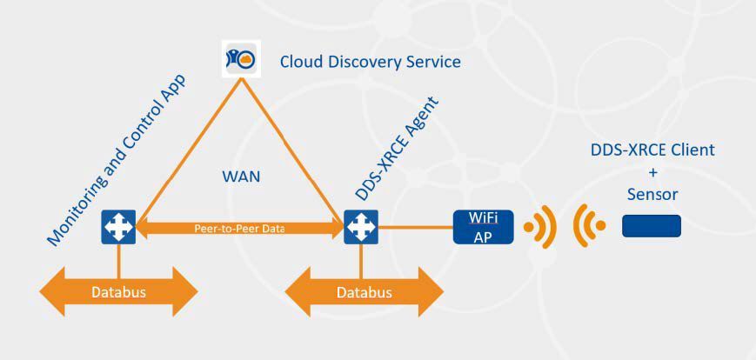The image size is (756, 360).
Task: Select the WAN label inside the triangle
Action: (x=240, y=177)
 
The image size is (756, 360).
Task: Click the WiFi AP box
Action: (x=483, y=227)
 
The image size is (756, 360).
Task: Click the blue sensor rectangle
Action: (x=651, y=226)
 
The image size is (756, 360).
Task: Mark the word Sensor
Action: (x=652, y=194)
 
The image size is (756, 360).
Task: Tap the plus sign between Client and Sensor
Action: (x=652, y=172)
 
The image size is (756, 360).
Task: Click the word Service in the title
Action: (x=432, y=63)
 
